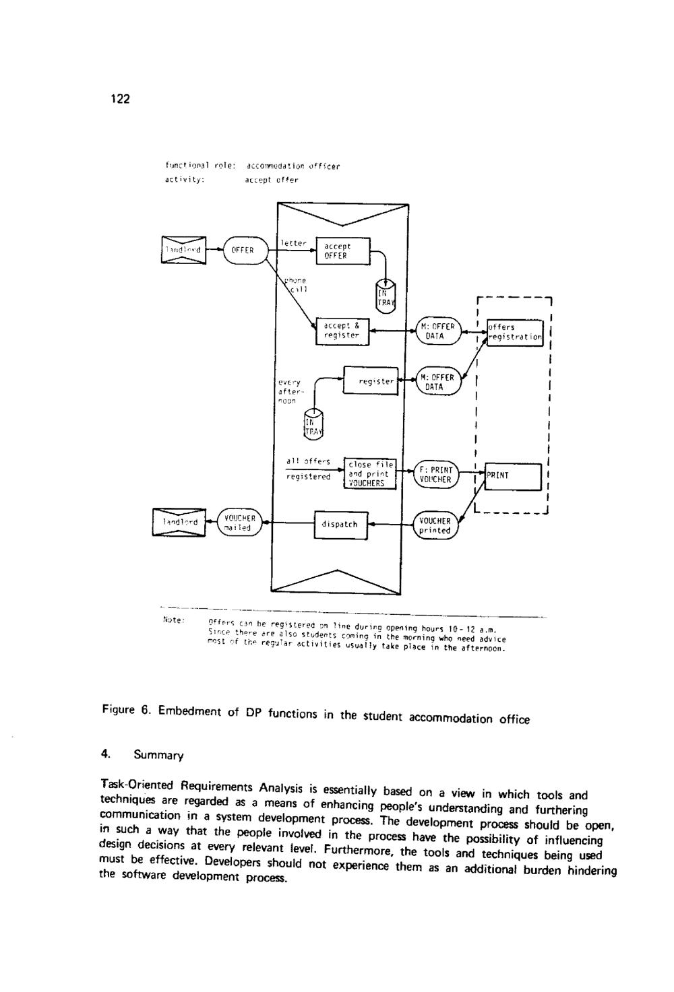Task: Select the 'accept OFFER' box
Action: [342, 251]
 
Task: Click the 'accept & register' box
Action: [342, 330]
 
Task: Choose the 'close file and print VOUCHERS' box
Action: [369, 473]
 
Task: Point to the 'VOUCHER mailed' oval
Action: [238, 523]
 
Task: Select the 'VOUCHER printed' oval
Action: [435, 525]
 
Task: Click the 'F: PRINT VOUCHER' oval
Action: [435, 475]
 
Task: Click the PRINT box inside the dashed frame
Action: [513, 476]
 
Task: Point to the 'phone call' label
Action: [295, 285]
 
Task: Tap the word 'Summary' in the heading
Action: [158, 756]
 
